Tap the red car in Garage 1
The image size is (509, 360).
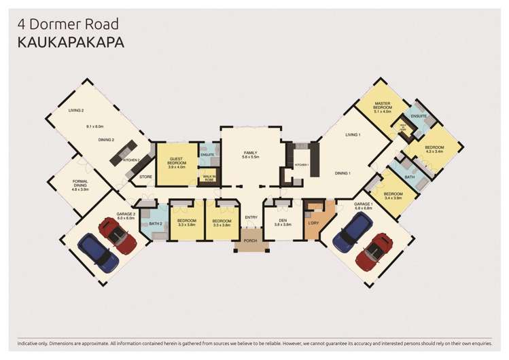tap(374, 251)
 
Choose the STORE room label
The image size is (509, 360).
tap(145, 177)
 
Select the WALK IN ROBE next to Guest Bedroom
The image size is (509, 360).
tap(209, 178)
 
